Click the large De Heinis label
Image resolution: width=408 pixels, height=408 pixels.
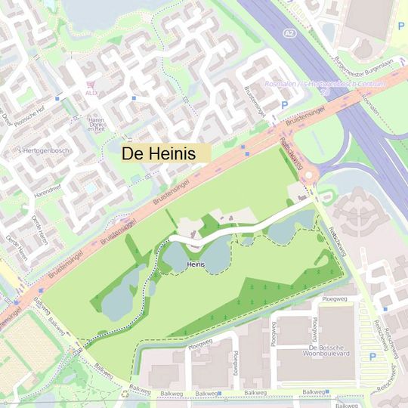pos(159,153)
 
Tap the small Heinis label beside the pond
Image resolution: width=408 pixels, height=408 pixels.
pos(196,264)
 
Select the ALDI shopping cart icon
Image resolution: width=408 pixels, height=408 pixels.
pos(91,83)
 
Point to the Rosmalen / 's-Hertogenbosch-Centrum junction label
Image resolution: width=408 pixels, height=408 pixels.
pos(325,84)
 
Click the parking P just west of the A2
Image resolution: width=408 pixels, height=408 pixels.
pos(285,105)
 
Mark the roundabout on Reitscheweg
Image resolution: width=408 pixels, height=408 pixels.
pos(308,177)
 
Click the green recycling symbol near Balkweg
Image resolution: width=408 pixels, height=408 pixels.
pos(125,393)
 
